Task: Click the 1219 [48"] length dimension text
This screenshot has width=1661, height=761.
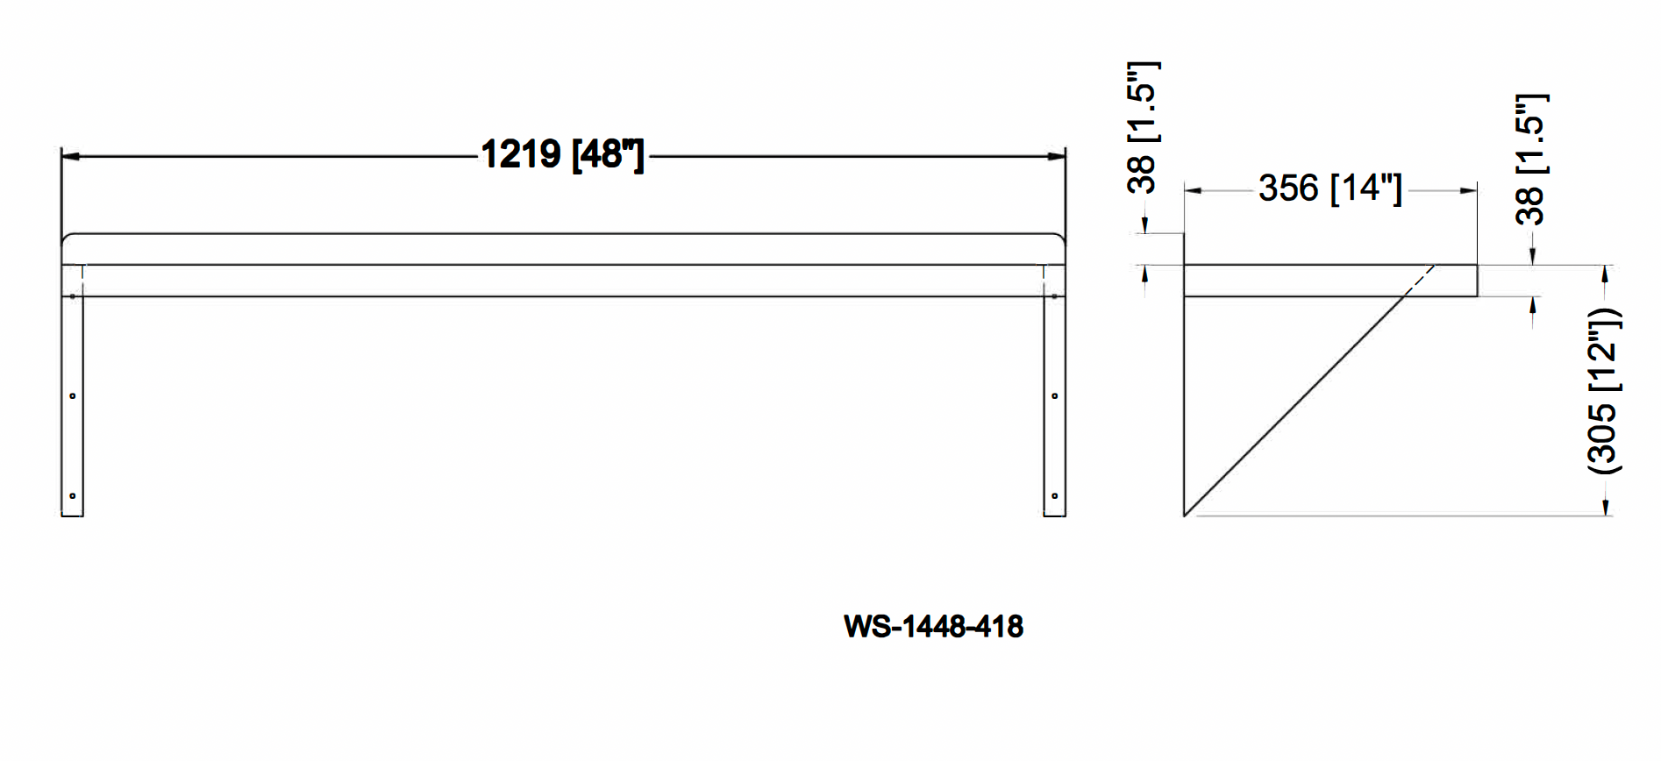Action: click(562, 155)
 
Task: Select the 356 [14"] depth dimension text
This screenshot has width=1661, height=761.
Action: click(1330, 188)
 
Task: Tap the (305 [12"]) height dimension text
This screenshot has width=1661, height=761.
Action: click(1604, 391)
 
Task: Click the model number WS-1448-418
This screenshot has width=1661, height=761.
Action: click(933, 626)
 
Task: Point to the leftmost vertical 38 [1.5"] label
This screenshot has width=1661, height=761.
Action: click(1143, 127)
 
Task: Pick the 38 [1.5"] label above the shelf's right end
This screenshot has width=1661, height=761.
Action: click(1531, 159)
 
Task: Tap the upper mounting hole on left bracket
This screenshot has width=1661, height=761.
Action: click(73, 396)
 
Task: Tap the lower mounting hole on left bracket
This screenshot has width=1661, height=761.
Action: click(73, 496)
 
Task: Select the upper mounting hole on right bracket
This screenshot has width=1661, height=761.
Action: click(1054, 396)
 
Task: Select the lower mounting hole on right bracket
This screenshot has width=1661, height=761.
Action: click(1054, 496)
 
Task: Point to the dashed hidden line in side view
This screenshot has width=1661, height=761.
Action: click(1419, 281)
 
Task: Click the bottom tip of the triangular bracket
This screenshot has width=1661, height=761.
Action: click(1185, 515)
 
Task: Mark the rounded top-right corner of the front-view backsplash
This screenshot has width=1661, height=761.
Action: click(1061, 238)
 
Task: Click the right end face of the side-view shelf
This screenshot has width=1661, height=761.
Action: click(1477, 281)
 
